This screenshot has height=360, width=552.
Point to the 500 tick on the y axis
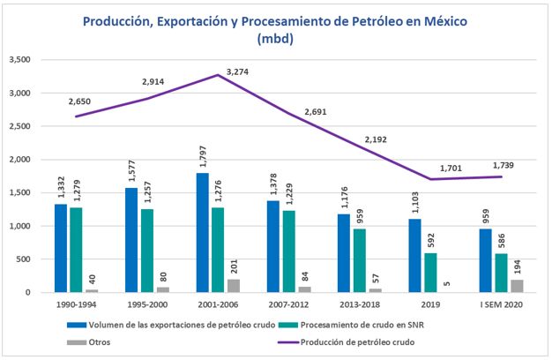26,259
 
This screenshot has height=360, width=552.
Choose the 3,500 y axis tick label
20,60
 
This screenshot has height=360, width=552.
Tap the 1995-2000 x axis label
146,304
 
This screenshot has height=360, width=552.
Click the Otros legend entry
78,341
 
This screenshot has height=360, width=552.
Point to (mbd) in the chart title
275,39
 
